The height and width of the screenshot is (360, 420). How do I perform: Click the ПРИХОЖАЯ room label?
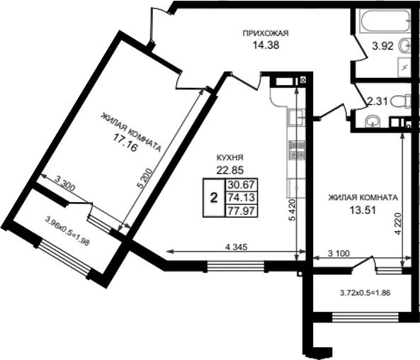point(266,33)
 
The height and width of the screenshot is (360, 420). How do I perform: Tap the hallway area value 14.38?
point(266,45)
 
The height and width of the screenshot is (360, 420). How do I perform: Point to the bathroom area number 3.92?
point(382,46)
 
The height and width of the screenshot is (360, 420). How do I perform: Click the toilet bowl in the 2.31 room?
point(400,101)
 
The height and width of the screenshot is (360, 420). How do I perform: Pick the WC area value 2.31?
point(377,101)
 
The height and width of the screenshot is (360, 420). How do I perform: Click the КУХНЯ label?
point(229,157)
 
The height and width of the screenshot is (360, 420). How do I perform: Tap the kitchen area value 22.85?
point(229,170)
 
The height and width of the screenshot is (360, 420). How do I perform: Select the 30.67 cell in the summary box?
point(241,185)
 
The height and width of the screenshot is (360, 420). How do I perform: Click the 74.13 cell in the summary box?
point(241,198)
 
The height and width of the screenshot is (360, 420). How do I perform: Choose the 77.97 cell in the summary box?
point(241,210)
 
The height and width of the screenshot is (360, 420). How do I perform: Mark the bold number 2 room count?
point(214,198)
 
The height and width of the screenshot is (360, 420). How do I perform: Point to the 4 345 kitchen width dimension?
point(237,247)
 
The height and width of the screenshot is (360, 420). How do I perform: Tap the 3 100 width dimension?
point(339,253)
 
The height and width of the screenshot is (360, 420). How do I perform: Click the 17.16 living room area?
point(125,143)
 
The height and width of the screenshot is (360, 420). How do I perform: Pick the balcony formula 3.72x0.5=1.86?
point(365,293)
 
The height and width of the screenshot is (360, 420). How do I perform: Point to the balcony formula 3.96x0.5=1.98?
point(67,231)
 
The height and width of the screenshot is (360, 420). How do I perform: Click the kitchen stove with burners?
point(297,150)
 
